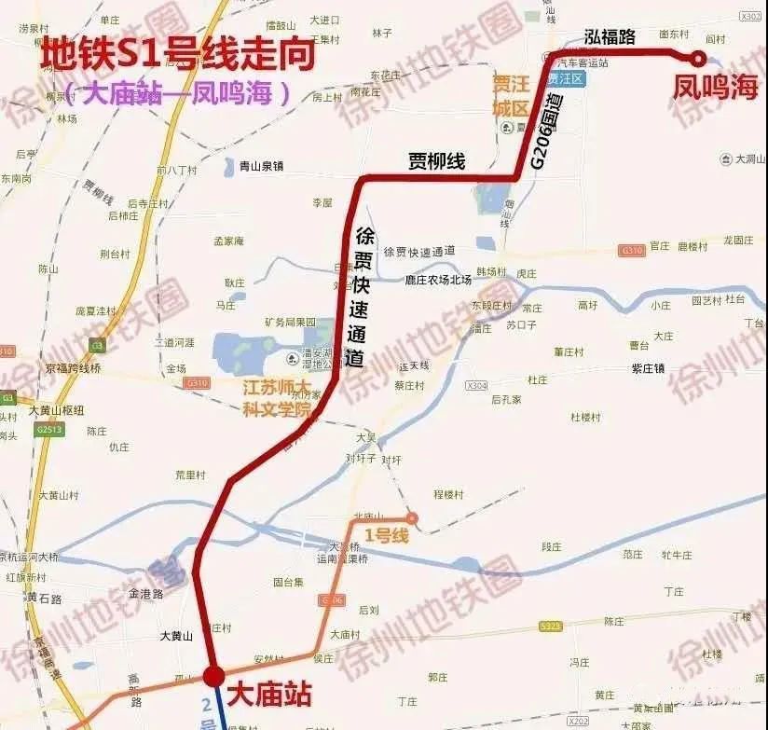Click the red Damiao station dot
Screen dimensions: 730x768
pos(213,675)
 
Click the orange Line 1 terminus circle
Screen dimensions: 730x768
pos(411,517)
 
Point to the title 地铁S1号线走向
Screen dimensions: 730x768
pos(177,55)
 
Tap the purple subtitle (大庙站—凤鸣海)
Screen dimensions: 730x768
pos(177,93)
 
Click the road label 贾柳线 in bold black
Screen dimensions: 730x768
pos(436,160)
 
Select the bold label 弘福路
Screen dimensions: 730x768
pos(610,36)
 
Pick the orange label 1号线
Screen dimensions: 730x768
pos(387,535)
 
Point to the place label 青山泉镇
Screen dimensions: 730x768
pos(260,167)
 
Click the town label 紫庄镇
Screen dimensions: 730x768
pos(648,368)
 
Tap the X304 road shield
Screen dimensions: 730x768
pos(476,385)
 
